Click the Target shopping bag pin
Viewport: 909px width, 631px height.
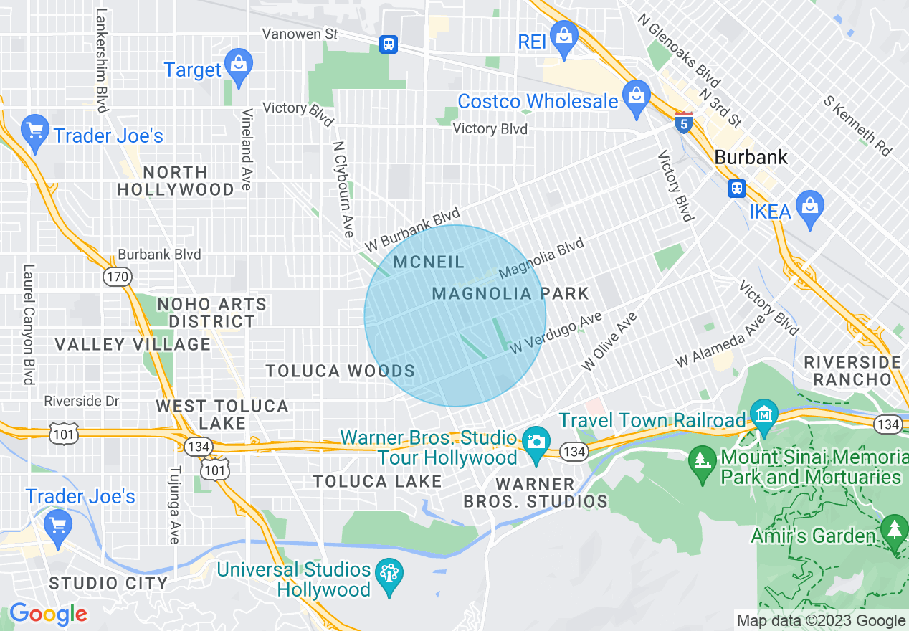tap(238, 64)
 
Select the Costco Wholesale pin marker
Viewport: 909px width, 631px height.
tap(635, 95)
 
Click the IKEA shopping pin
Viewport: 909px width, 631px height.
tap(810, 205)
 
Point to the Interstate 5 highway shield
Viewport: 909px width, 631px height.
tap(684, 123)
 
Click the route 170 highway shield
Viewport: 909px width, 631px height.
tap(116, 276)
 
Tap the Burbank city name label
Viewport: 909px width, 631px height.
tap(751, 157)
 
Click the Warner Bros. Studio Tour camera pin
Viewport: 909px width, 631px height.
tap(535, 440)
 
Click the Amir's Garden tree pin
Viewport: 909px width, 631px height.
tap(894, 529)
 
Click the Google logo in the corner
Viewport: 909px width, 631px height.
tap(48, 614)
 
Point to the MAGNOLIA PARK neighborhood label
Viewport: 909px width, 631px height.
tap(510, 293)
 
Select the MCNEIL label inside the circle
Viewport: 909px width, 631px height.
tap(429, 262)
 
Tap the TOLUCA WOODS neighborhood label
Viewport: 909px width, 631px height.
tap(341, 371)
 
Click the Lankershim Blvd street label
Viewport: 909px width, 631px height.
tap(101, 60)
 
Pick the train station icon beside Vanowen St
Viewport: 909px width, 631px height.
tap(389, 44)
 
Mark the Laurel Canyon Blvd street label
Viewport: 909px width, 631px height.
tap(29, 325)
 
